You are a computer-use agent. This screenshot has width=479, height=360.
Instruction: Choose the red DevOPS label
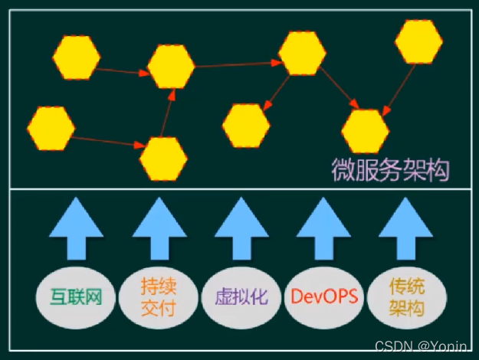(325, 296)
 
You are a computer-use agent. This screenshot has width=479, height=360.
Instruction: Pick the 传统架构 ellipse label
(407, 296)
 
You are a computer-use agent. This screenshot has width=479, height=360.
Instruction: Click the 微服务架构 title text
(390, 169)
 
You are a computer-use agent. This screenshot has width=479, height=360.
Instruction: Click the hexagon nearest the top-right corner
(419, 42)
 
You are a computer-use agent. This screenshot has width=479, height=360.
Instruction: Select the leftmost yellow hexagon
(51, 128)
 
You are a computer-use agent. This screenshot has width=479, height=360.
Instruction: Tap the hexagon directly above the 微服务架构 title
(365, 130)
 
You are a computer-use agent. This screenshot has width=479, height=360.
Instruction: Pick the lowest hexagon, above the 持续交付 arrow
(163, 159)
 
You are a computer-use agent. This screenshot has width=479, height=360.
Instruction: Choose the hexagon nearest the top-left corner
(77, 57)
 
